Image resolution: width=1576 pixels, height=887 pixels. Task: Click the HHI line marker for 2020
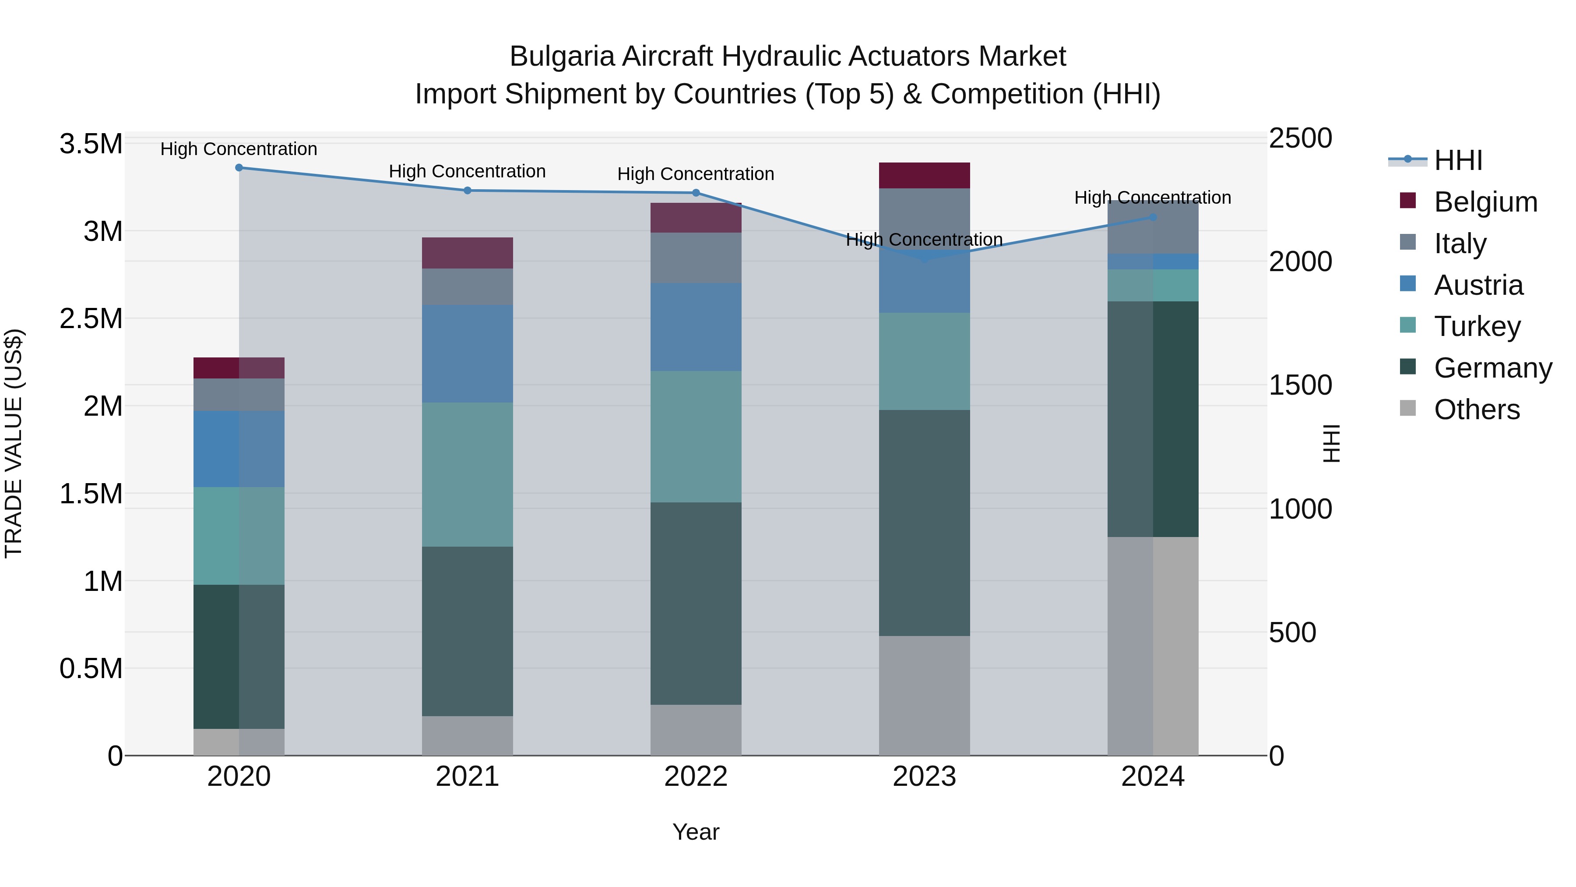click(239, 168)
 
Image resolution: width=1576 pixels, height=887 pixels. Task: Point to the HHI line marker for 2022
click(696, 193)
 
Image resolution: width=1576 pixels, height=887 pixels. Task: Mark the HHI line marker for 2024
click(1153, 217)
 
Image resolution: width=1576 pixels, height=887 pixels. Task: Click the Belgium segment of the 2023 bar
click(925, 176)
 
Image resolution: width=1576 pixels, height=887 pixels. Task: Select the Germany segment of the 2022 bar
click(696, 603)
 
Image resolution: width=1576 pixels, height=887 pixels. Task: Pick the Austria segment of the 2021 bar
click(468, 354)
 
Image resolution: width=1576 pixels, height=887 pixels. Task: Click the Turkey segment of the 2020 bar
click(239, 536)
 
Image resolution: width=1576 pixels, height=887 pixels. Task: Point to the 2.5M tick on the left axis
click(91, 319)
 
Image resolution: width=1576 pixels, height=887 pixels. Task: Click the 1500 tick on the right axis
click(1300, 385)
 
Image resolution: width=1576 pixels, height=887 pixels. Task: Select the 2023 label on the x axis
click(925, 777)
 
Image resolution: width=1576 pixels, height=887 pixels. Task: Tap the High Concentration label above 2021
click(468, 171)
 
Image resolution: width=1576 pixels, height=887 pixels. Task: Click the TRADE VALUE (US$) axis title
click(14, 444)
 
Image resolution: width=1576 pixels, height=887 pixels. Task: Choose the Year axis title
click(696, 833)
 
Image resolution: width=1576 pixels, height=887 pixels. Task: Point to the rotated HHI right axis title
click(1331, 444)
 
